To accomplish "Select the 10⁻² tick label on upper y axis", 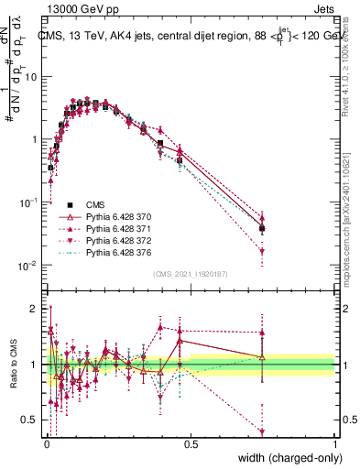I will click(x=29, y=266).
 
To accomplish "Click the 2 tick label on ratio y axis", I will click(x=35, y=308).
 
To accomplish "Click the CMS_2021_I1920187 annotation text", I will click(x=189, y=273).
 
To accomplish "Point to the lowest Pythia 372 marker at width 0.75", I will click(x=263, y=251).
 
